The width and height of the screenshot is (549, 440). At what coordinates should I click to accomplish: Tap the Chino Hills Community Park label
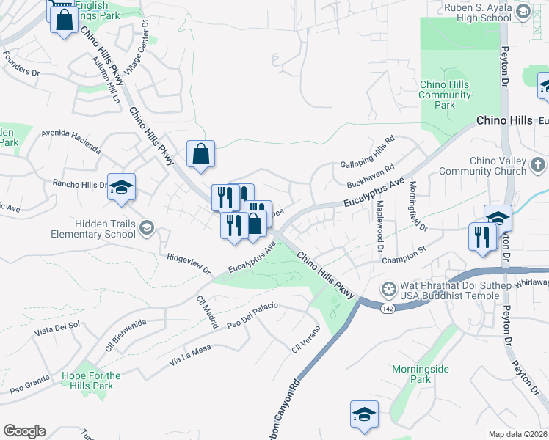[444, 95]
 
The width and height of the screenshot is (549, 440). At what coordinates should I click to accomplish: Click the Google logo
[24, 431]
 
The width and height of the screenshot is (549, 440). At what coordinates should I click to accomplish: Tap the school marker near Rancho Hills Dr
[122, 186]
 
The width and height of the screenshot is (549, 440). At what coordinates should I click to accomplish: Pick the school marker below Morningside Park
[364, 414]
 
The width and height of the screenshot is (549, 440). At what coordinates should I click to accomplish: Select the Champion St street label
[404, 257]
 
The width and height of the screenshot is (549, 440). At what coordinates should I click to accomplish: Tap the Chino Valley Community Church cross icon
[537, 165]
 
